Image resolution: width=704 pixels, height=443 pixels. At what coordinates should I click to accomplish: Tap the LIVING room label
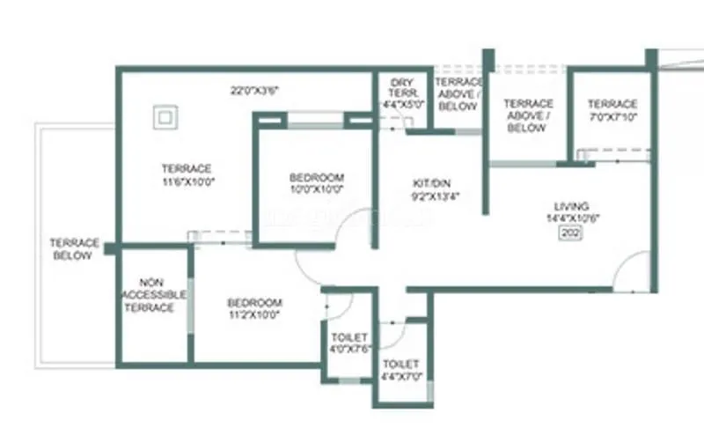point(572,205)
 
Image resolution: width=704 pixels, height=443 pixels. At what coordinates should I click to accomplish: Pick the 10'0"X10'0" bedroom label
point(316,189)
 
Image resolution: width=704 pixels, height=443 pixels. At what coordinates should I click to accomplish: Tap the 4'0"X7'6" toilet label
point(349,350)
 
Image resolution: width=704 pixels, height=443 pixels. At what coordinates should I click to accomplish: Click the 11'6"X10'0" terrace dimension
point(187,182)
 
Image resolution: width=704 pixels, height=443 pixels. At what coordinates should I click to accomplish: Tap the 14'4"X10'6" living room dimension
point(572,218)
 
